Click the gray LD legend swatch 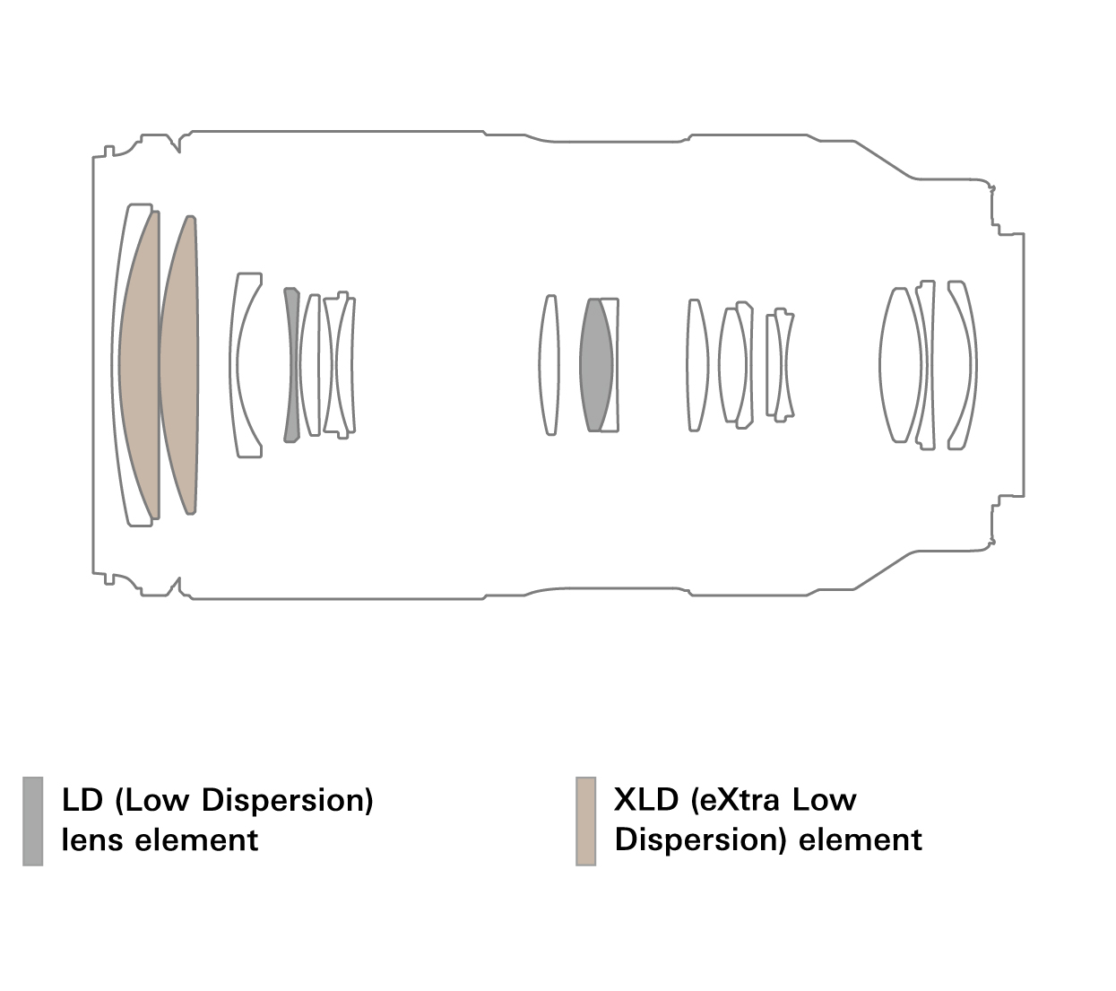pyautogui.click(x=32, y=821)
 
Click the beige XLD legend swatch pyautogui.click(x=585, y=821)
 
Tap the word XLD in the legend pyautogui.click(x=645, y=800)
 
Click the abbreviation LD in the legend pyautogui.click(x=82, y=800)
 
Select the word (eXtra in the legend pyautogui.click(x=735, y=801)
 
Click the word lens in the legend pyautogui.click(x=92, y=840)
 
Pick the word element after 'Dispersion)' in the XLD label pyautogui.click(x=860, y=840)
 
